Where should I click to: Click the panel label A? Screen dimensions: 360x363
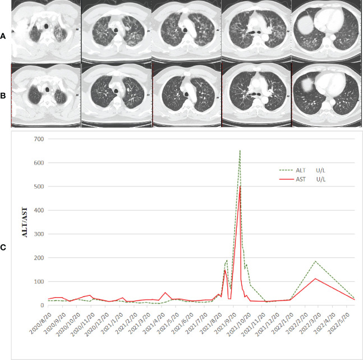click(x=4, y=35)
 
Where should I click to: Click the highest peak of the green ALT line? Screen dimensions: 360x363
click(x=240, y=151)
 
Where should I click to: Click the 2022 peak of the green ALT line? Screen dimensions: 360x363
click(x=315, y=261)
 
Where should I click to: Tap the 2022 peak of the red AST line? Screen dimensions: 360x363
click(x=315, y=279)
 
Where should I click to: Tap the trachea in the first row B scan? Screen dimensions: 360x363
click(x=47, y=88)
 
